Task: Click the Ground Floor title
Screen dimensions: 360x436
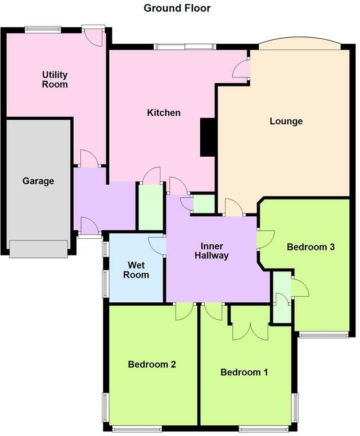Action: (x=177, y=8)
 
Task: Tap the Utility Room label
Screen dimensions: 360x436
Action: (x=55, y=80)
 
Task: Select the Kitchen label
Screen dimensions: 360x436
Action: (x=164, y=112)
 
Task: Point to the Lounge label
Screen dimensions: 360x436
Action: (x=286, y=121)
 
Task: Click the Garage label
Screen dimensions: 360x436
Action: (x=38, y=181)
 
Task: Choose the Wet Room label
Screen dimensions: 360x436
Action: (x=136, y=270)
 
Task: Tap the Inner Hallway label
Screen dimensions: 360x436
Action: (x=211, y=251)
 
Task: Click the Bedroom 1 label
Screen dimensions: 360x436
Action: (x=244, y=372)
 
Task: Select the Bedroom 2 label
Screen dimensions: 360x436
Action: (x=152, y=364)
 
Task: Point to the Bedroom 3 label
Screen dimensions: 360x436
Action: (x=310, y=247)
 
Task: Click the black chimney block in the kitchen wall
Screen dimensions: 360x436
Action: (x=208, y=137)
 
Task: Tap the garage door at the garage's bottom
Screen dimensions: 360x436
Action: (x=38, y=249)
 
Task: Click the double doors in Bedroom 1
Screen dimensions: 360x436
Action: (x=250, y=331)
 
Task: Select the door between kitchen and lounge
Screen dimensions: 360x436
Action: (x=241, y=69)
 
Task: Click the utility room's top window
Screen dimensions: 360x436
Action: (x=43, y=29)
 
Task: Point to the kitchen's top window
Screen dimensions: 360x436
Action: (x=185, y=47)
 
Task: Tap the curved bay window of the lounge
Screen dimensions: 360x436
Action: (x=300, y=42)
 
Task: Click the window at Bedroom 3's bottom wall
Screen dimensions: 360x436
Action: (x=323, y=334)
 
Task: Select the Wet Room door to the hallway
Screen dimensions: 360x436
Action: (x=157, y=246)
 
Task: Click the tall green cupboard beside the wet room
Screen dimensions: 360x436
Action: (x=151, y=207)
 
